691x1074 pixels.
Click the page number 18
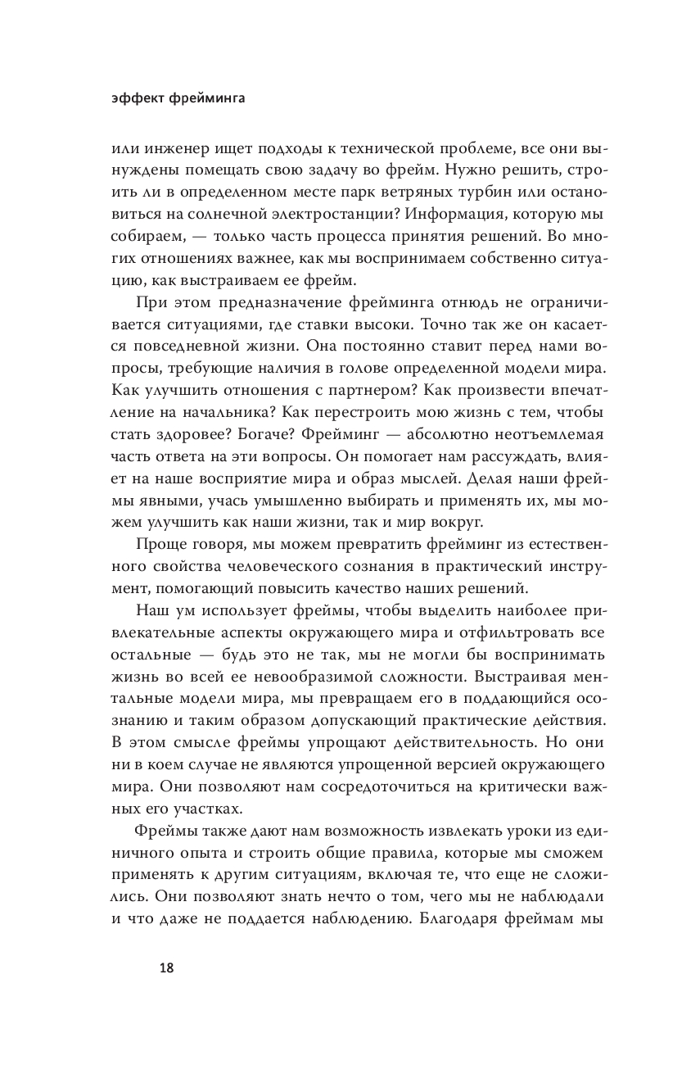[165, 968]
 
